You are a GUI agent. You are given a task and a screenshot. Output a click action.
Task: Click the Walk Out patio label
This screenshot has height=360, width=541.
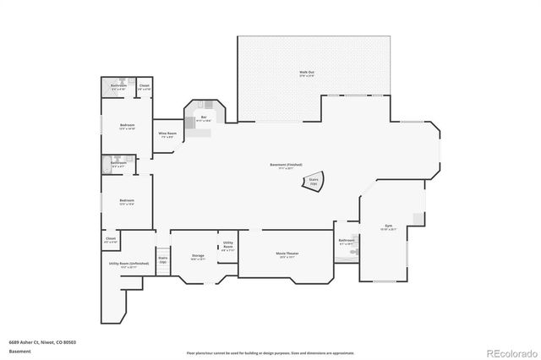[308, 74]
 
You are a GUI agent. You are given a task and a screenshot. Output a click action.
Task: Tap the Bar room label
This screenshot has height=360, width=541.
[203, 119]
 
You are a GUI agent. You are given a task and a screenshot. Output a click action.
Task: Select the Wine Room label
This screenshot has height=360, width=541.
[167, 135]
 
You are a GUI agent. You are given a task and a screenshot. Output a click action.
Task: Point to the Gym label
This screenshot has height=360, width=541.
[389, 227]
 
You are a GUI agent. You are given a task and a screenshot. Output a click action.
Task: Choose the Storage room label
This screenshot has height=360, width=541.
[197, 256]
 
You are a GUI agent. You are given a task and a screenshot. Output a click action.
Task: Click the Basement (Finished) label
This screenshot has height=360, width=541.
[286, 166]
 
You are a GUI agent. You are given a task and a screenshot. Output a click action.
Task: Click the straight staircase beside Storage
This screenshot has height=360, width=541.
[162, 260]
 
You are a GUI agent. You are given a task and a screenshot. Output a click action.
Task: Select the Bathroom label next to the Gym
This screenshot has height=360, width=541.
[347, 242]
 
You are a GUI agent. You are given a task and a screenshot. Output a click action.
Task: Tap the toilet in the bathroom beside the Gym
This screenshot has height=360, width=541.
[357, 252]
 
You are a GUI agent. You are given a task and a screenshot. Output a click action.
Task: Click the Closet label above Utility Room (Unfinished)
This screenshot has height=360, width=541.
[111, 240]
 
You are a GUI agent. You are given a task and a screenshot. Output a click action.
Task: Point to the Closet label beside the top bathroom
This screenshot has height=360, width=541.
[145, 87]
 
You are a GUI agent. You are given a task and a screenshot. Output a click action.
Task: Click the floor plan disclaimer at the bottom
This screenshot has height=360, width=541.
[271, 352]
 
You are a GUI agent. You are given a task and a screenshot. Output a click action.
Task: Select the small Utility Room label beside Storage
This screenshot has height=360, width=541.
[227, 246]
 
